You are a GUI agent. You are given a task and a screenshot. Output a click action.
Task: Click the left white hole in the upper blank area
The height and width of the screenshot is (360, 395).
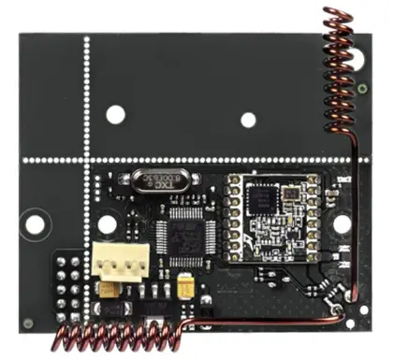(x=115, y=114)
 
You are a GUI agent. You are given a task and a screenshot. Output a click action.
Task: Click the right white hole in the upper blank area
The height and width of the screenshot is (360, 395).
(x=248, y=119)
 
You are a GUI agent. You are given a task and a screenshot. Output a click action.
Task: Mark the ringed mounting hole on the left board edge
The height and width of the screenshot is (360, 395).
(x=35, y=224)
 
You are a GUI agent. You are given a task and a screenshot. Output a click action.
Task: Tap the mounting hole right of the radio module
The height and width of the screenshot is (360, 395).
(x=342, y=223)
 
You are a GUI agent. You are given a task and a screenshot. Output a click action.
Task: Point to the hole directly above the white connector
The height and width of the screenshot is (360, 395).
(x=108, y=224)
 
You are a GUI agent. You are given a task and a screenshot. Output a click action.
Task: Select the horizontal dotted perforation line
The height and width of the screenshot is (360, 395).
(x=206, y=160)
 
